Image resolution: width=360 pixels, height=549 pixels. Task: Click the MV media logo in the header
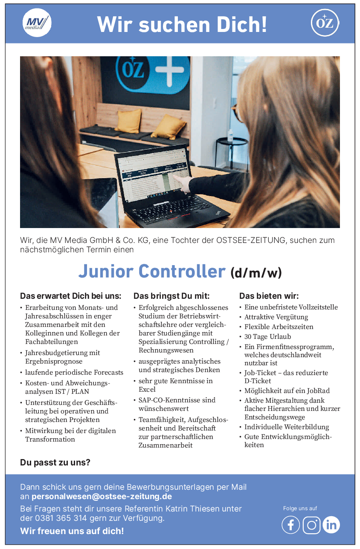pyautogui.click(x=37, y=23)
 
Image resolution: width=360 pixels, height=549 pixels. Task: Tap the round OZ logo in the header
pyautogui.click(x=325, y=23)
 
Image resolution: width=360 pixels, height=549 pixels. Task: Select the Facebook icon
pyautogui.click(x=291, y=525)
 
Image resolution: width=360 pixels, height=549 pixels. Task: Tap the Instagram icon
pyautogui.click(x=311, y=525)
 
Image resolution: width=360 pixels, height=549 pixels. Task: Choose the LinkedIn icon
pyautogui.click(x=331, y=525)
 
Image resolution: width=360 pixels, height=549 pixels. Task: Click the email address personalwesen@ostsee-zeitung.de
pyautogui.click(x=102, y=497)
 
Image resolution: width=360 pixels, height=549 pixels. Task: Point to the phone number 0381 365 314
pyautogui.click(x=60, y=518)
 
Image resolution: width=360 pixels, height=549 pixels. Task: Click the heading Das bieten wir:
pyautogui.click(x=269, y=296)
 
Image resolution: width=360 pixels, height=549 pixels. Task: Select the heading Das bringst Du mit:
pyautogui.click(x=171, y=296)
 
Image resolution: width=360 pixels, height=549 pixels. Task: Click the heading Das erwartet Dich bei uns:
pyautogui.click(x=71, y=296)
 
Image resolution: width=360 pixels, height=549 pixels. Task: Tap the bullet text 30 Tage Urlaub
pyautogui.click(x=267, y=336)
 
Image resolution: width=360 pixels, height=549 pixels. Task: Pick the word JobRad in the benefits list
pyautogui.click(x=318, y=390)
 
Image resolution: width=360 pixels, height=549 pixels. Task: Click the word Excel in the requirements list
pyautogui.click(x=147, y=389)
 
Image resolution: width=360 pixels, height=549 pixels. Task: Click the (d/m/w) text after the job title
pyautogui.click(x=256, y=272)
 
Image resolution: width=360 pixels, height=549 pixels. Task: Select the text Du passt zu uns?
pyautogui.click(x=55, y=462)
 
